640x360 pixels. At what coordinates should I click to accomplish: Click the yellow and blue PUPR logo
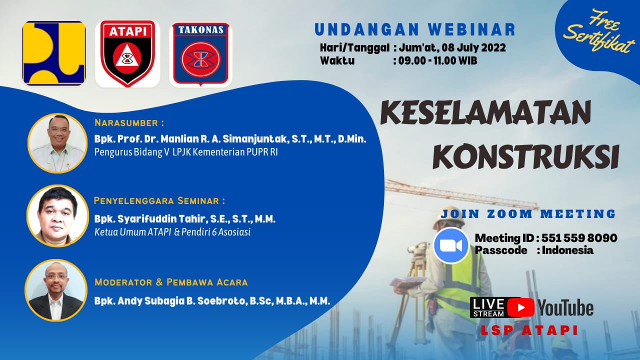[54, 53]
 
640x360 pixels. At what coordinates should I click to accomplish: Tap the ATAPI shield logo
[127, 53]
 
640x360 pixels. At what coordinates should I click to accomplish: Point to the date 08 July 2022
[473, 47]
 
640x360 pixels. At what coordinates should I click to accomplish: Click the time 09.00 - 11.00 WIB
[437, 60]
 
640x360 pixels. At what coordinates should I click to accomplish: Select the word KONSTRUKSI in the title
[525, 156]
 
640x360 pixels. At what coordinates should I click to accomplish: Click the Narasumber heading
[129, 123]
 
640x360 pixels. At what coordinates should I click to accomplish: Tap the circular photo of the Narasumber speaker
[57, 143]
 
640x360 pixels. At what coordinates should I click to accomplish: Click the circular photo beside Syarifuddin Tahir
[57, 215]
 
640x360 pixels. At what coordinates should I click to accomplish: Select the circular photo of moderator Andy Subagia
[55, 290]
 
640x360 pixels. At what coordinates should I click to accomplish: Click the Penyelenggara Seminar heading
[159, 201]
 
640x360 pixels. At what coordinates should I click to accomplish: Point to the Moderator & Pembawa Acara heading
[171, 282]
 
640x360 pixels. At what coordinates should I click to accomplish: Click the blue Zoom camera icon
[451, 245]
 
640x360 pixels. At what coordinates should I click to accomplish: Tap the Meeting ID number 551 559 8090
[579, 237]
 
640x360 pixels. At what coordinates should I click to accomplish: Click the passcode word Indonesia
[567, 250]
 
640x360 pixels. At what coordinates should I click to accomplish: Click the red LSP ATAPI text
[529, 330]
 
